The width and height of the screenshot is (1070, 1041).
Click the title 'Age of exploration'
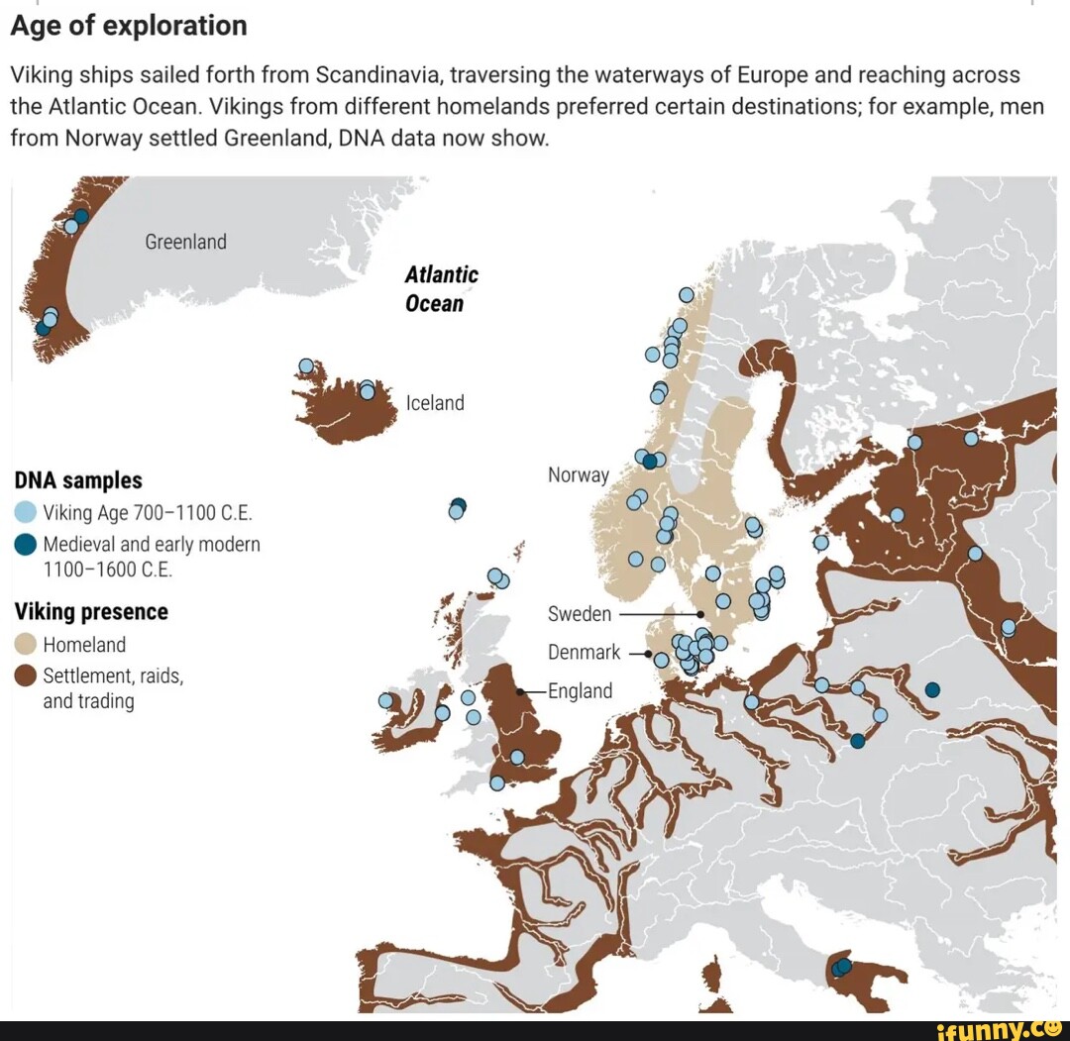point(129,25)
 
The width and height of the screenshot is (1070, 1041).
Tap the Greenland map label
point(185,242)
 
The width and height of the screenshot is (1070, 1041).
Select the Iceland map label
point(435,402)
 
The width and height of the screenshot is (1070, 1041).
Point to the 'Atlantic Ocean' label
point(441,289)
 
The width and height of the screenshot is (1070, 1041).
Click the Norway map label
point(578,475)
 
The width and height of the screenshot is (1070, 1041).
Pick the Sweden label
point(580,614)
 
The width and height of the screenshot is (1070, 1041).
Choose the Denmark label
point(584,653)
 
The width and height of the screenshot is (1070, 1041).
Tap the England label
point(581,691)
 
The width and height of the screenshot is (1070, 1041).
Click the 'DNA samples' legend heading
point(78,480)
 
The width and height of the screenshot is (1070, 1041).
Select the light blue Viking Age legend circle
point(26,513)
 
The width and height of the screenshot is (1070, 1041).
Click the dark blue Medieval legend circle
point(26,545)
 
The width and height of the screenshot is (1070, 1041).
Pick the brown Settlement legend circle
point(26,677)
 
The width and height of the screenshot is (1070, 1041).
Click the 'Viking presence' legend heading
point(91,612)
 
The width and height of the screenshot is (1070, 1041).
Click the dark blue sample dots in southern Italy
point(842,966)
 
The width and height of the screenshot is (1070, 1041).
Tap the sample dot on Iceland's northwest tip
point(306,366)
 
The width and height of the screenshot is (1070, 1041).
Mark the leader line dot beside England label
point(520,691)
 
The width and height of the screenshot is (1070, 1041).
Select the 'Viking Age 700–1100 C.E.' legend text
point(148,513)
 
